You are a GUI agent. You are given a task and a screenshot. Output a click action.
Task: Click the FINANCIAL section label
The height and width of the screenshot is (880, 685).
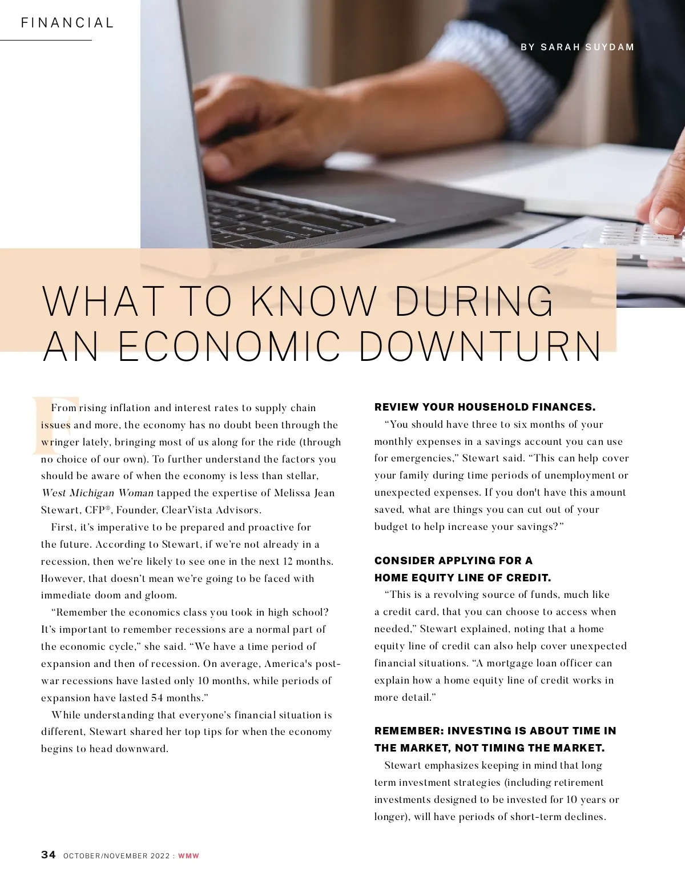tap(67, 23)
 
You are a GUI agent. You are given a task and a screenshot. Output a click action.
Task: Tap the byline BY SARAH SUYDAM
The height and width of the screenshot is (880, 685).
tap(577, 47)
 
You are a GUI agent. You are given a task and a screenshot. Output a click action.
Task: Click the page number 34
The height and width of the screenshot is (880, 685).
tap(49, 854)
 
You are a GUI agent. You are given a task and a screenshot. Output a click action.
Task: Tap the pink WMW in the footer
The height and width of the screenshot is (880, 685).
tap(188, 855)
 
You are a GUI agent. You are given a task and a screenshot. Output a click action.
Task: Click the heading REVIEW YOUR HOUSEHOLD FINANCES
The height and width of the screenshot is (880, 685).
tap(485, 407)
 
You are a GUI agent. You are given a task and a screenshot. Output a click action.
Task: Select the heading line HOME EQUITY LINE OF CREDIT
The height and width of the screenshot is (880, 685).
tap(462, 577)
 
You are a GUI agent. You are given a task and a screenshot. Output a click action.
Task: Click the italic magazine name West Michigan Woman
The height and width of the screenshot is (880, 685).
tap(97, 493)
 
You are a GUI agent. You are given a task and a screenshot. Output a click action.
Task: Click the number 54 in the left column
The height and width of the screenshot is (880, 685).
tap(157, 698)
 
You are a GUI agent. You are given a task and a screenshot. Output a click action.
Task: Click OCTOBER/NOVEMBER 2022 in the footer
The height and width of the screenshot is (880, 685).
tap(116, 855)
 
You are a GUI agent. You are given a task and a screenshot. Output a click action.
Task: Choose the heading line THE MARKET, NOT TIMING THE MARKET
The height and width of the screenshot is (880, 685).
tap(489, 748)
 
